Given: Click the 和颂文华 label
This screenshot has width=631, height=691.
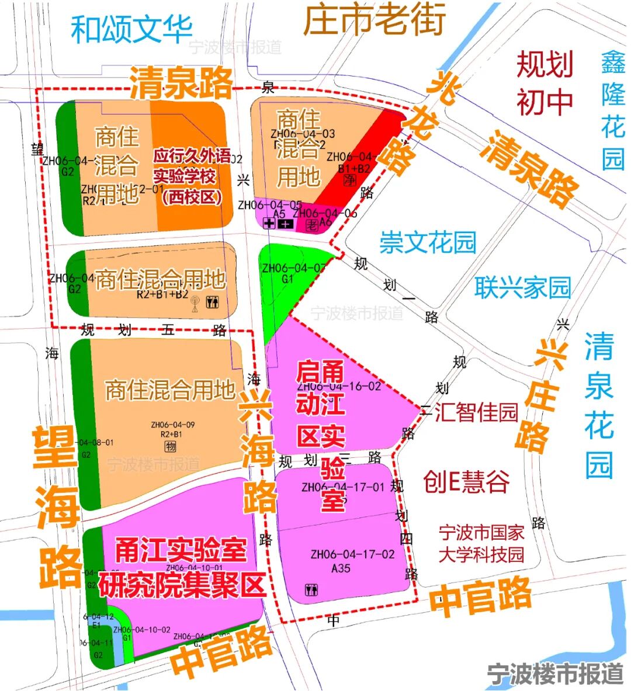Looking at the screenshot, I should pos(131,29).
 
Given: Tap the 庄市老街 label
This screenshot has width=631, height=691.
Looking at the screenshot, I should pos(375,19).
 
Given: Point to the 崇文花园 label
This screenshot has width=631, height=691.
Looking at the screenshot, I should pos(428,242).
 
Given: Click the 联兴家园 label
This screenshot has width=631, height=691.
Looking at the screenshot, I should pos(522,287).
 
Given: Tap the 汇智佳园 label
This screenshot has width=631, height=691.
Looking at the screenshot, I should pos(476,412).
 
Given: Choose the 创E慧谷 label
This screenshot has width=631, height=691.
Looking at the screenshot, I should pos(466,482).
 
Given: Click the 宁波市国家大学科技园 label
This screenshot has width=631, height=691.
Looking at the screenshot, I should pos(481,543).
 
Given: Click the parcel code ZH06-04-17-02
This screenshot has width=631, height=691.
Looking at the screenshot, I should pos(352,554).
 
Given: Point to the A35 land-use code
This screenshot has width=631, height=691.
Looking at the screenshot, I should pos(341,568).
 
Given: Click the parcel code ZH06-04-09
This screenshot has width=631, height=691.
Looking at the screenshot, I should pos(172,425).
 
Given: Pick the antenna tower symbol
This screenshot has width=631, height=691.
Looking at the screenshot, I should pos(195,304).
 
